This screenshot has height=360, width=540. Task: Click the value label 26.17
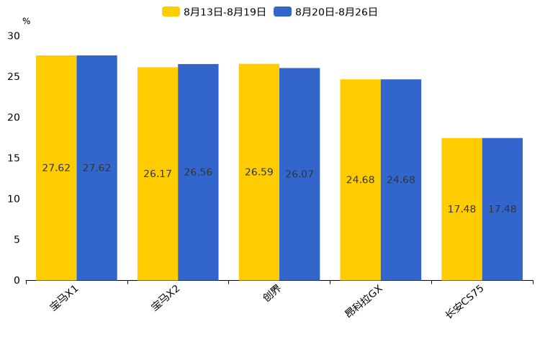[158, 174]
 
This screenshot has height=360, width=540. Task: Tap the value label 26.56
[198, 172]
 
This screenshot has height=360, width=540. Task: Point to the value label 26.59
[259, 172]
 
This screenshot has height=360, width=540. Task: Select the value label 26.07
[300, 174]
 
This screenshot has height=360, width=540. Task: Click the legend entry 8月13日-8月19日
[215, 12]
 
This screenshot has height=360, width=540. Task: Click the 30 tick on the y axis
[14, 35]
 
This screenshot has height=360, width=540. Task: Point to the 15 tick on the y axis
[14, 158]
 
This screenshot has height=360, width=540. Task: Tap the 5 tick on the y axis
[17, 239]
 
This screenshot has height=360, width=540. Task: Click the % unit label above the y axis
[26, 22]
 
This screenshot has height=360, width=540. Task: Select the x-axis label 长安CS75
[465, 302]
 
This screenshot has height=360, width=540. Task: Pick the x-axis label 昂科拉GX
[364, 302]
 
